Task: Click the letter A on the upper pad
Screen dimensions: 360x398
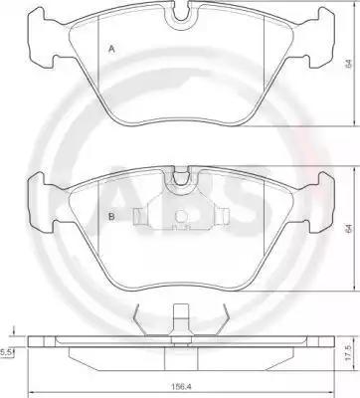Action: point(111,50)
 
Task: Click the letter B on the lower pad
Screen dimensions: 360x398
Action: point(111,217)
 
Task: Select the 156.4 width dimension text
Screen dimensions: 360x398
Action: point(181,386)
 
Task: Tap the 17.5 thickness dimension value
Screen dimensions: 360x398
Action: point(348,354)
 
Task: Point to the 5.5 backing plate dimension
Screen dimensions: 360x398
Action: point(6,353)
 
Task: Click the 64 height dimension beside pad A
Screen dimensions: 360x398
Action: point(348,64)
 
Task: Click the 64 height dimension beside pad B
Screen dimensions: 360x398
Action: point(348,229)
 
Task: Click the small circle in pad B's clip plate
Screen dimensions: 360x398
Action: point(181,217)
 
